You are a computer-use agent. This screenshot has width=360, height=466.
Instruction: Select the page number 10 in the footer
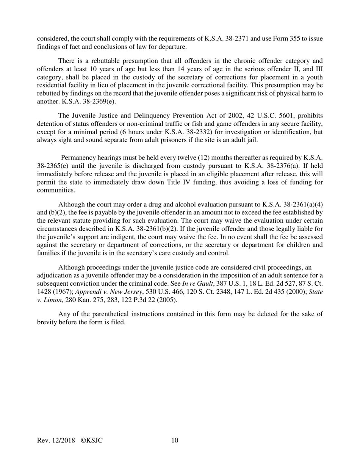(x=175, y=440)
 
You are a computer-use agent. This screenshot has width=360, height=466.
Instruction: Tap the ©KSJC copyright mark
(x=92, y=440)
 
